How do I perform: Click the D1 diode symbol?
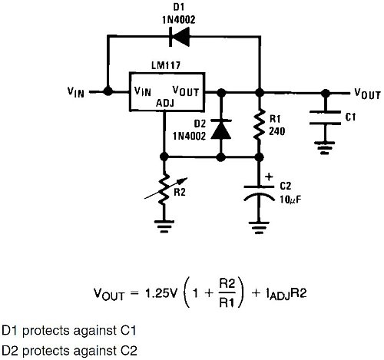point(180,37)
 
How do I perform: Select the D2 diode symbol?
point(221,129)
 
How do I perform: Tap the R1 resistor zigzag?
point(260,124)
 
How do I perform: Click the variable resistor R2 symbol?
point(165,190)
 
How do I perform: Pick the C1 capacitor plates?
point(325,117)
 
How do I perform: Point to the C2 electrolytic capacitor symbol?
point(259,193)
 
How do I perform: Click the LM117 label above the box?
point(166,65)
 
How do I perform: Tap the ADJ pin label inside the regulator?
point(165,103)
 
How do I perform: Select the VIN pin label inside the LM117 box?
point(143,91)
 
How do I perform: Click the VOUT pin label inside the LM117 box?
point(186,91)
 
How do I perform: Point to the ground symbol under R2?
point(164,226)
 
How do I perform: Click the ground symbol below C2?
point(259,227)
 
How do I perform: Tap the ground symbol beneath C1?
point(325,147)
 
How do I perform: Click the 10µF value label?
point(290,200)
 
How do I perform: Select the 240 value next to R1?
point(276,131)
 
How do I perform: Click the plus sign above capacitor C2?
point(269,177)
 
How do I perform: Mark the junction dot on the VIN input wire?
point(108,91)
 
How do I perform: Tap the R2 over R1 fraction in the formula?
point(227,293)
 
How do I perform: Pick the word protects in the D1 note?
point(46,331)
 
